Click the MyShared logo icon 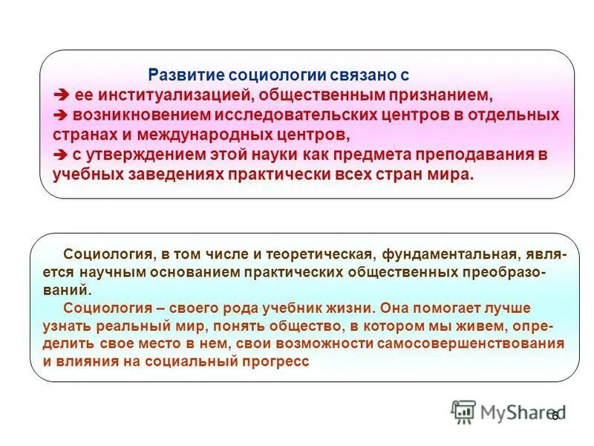(x=463, y=412)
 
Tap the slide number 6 (x=554, y=416)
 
